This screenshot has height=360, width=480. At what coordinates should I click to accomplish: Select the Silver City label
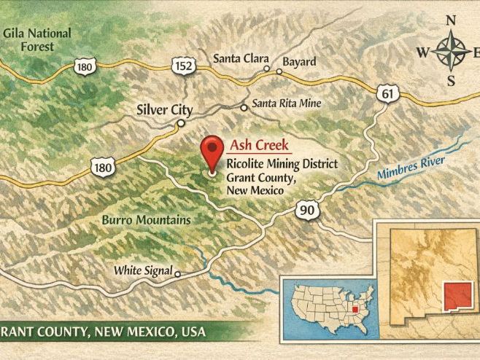(x=165, y=110)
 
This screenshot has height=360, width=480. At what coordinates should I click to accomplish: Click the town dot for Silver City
(x=181, y=123)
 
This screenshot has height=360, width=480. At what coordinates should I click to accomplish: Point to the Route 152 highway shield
(x=183, y=66)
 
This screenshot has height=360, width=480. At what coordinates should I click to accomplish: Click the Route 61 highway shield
(x=387, y=93)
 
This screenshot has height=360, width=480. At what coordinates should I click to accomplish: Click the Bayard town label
(x=299, y=61)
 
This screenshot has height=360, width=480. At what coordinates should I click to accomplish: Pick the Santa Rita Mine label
(x=286, y=103)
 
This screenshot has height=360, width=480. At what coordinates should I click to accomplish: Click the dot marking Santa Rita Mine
(x=244, y=107)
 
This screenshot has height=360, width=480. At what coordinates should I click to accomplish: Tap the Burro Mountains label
(x=147, y=219)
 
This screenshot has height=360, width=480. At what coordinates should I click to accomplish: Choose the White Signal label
(x=142, y=271)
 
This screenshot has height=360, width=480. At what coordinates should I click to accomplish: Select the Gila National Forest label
(x=38, y=39)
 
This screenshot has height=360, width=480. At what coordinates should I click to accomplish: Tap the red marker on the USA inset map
(x=355, y=309)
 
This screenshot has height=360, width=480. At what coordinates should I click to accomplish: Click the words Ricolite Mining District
(x=282, y=164)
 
